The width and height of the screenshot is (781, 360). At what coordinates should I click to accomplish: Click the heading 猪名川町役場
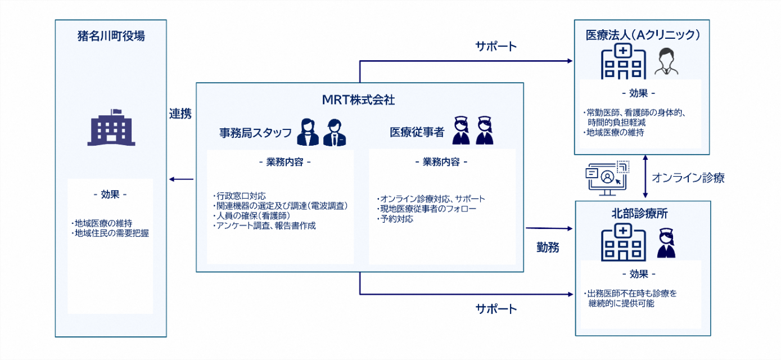[x=111, y=37]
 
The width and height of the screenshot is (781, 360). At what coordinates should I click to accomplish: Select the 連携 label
[x=180, y=114]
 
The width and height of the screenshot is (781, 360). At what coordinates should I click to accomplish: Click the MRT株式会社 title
[x=359, y=100]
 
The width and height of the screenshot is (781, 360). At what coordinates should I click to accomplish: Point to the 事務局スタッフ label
[x=255, y=133]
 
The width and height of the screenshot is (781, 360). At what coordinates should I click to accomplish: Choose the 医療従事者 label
[x=417, y=133]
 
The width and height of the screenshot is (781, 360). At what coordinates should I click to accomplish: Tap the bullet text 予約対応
[x=395, y=219]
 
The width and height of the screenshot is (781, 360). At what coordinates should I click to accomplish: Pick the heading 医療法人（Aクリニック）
[x=642, y=35]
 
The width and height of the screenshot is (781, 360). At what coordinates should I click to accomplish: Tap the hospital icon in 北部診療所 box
[x=622, y=242]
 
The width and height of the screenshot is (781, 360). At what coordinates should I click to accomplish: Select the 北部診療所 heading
[x=642, y=214]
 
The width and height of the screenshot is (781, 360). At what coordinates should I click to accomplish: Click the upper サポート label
[x=496, y=46]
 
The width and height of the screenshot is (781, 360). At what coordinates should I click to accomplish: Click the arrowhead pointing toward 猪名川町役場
[x=172, y=179]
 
